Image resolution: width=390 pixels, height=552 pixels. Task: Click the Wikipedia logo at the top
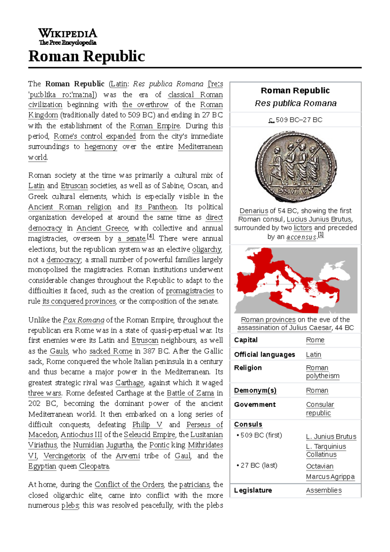[x=68, y=36]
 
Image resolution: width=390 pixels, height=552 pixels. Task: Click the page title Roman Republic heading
[x=86, y=56]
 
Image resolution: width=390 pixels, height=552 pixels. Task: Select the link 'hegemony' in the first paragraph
[x=101, y=147]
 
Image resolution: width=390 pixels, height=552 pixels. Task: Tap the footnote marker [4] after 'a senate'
[x=150, y=237]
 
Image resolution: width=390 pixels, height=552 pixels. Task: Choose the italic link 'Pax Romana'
[x=84, y=320]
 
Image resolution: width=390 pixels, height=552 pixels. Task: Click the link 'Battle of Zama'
[x=190, y=393]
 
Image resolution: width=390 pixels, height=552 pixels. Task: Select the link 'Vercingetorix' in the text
[x=64, y=456]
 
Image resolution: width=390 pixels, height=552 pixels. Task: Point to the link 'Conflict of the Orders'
[x=129, y=485]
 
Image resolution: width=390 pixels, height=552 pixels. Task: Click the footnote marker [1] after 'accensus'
[x=321, y=235]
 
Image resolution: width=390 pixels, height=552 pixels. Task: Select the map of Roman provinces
[x=295, y=280]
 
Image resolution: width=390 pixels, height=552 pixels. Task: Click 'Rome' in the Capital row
[x=315, y=340]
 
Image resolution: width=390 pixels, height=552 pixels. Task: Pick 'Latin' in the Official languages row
[x=313, y=355]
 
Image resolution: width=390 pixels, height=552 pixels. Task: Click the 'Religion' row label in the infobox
[x=248, y=368]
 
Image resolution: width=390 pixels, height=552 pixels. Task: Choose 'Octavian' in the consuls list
[x=319, y=466]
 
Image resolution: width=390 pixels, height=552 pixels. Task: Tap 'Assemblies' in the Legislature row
[x=324, y=490]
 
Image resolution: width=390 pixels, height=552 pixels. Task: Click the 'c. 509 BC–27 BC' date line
[x=295, y=120]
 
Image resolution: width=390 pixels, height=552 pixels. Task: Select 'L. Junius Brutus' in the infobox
[x=331, y=437]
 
